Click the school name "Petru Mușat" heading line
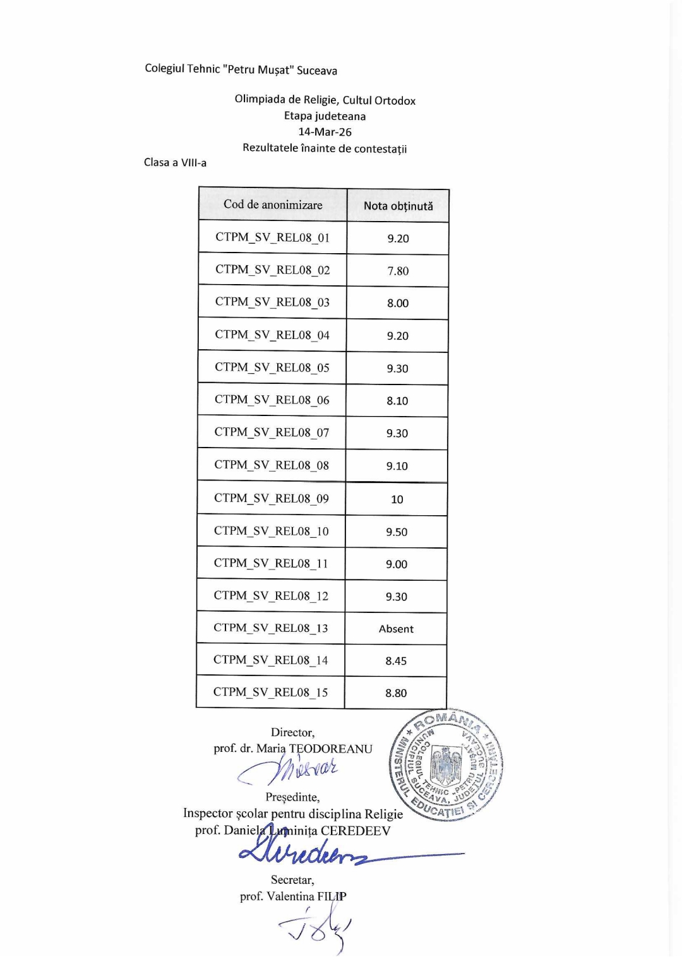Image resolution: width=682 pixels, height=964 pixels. point(241,69)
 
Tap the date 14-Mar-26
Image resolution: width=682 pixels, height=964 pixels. point(325,132)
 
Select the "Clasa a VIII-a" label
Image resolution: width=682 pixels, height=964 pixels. point(175,162)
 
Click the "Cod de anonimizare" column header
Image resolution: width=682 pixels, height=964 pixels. point(273,205)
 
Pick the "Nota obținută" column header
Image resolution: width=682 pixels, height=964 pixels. point(398,206)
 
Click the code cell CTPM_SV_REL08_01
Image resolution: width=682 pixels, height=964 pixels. point(272,237)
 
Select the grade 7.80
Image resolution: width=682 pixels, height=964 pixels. point(398,271)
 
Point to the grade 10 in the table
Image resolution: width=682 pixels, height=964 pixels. point(397,499)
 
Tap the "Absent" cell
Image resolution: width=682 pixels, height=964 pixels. point(396,629)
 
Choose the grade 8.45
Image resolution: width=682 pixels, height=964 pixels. point(396,661)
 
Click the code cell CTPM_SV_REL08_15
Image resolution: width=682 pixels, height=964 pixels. point(270,692)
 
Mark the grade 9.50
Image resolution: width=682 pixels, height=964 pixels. point(397,532)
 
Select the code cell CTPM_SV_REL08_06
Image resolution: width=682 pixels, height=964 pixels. point(272,400)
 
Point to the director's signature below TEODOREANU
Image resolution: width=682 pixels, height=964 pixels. point(290,770)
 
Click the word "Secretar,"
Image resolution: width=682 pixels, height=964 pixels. point(292,879)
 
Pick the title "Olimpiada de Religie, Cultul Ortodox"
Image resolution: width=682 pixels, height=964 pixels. point(325,100)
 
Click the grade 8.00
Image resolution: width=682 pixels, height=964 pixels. point(398,303)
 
